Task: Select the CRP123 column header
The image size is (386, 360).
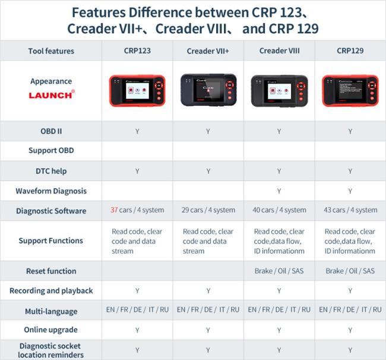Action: click(x=137, y=50)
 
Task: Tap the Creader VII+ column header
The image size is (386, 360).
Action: click(x=208, y=51)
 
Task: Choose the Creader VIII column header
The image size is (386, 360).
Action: click(x=280, y=50)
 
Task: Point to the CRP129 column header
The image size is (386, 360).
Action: click(x=350, y=50)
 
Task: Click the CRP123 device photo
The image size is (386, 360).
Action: click(x=137, y=91)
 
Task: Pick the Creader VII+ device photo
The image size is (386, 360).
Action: click(x=208, y=90)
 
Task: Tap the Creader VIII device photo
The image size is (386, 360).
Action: click(x=280, y=91)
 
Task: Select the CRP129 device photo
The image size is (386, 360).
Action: click(x=350, y=91)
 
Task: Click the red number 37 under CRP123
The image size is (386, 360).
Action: click(x=114, y=210)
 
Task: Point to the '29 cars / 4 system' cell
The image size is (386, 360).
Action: click(x=208, y=210)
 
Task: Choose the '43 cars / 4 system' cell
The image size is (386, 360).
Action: click(x=350, y=210)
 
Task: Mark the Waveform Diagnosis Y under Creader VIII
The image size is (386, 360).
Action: click(x=279, y=191)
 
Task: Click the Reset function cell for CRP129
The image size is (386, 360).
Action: click(x=350, y=271)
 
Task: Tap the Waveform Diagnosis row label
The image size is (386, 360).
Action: click(x=51, y=191)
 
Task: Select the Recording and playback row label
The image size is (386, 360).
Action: click(x=51, y=291)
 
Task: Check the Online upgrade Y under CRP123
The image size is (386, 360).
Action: click(x=137, y=330)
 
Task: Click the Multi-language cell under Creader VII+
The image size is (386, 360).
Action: click(x=208, y=310)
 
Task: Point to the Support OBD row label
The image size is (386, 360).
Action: click(x=51, y=150)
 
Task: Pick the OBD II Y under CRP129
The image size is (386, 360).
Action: click(x=350, y=131)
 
